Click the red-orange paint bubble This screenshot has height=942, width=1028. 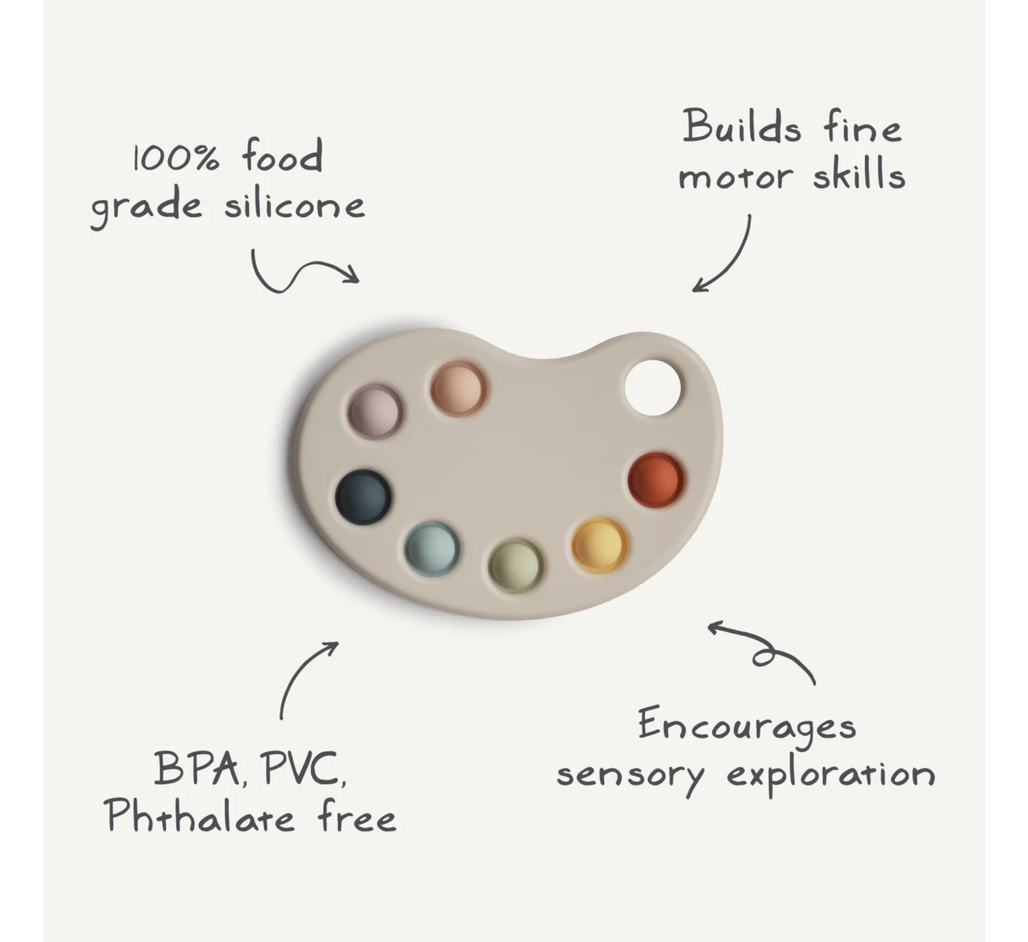pyautogui.click(x=656, y=480)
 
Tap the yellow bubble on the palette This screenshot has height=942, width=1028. pyautogui.click(x=600, y=545)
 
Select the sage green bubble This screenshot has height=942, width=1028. pyautogui.click(x=516, y=565)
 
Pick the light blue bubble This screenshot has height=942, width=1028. pyautogui.click(x=432, y=548)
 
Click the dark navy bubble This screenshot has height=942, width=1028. pyautogui.click(x=363, y=496)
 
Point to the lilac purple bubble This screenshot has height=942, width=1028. pyautogui.click(x=375, y=411)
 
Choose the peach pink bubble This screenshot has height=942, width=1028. pyautogui.click(x=458, y=389)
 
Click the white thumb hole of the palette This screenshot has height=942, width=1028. pyautogui.click(x=652, y=388)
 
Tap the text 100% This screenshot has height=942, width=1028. pyautogui.click(x=176, y=158)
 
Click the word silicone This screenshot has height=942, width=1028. pyautogui.click(x=295, y=206)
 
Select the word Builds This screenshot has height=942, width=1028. pyautogui.click(x=742, y=128)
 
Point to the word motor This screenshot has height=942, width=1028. pyautogui.click(x=735, y=177)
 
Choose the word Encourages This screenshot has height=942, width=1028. pyautogui.click(x=746, y=726)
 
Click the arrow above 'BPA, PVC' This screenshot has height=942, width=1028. pyautogui.click(x=304, y=676)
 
